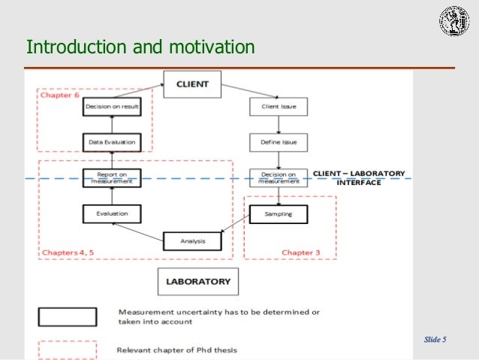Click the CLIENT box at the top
coord(192,84)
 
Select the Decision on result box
coord(112,107)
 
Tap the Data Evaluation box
coord(112,141)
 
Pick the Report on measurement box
coord(112,177)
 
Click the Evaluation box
coord(112,213)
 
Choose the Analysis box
coord(193,241)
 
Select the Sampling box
coord(278,214)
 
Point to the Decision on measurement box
coord(278,177)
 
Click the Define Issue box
coord(278,141)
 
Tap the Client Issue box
coord(278,107)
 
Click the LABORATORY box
coord(198,283)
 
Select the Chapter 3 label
coord(300,253)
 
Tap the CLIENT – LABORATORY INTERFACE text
coord(359,177)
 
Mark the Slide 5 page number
coord(435,340)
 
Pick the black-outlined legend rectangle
coord(68,316)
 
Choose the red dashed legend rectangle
coord(68,350)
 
